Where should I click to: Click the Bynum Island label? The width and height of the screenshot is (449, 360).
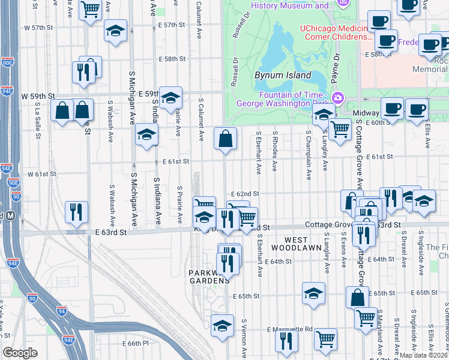click(x=283, y=76)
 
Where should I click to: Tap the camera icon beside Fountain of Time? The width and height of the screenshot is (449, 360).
click(x=338, y=97)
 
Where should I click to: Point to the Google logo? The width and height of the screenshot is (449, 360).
click(x=20, y=353)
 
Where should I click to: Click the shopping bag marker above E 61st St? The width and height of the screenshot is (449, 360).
click(x=225, y=139)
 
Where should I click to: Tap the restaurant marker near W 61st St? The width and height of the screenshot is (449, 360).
click(x=76, y=211)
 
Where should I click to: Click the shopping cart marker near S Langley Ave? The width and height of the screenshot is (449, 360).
click(x=340, y=128)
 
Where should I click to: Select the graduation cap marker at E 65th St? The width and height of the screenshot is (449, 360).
click(x=313, y=293)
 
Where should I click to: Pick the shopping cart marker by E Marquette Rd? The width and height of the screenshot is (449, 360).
click(x=325, y=339)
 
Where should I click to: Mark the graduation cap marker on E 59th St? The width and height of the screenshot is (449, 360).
click(x=171, y=98)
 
